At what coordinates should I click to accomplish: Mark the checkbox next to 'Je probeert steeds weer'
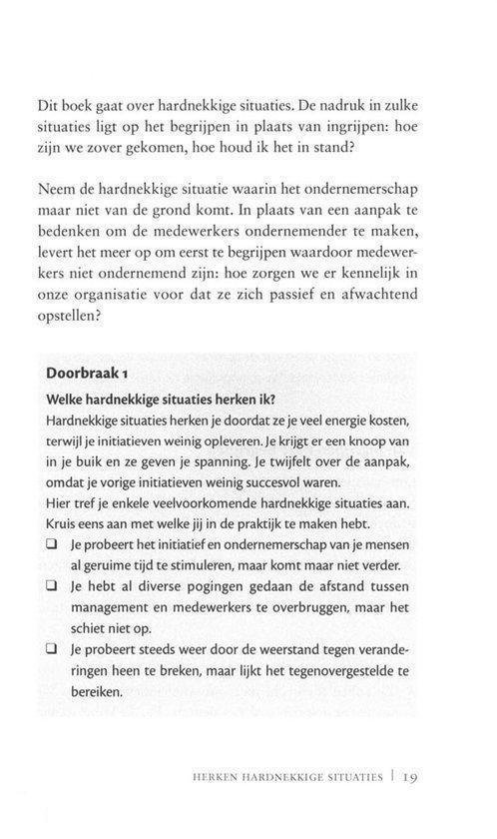tap(52, 649)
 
